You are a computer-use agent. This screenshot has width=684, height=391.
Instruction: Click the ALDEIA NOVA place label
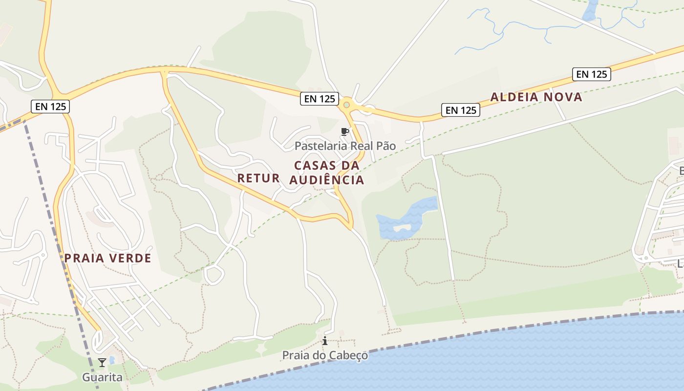536,97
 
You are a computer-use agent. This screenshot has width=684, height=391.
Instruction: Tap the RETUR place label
258,178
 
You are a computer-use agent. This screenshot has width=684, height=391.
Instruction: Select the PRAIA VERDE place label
108,258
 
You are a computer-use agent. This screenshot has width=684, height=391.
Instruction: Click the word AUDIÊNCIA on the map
327,180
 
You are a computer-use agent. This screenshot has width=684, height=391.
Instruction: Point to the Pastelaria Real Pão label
345,146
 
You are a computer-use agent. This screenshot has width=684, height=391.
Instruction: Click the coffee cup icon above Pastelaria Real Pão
345,131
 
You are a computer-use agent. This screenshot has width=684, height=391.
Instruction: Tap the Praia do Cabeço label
325,355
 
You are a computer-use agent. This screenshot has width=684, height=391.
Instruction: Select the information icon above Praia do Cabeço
325,341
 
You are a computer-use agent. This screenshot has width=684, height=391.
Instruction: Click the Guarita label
102,377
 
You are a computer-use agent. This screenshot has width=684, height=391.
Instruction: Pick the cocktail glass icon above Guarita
102,362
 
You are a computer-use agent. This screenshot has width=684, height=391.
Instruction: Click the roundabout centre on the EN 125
346,104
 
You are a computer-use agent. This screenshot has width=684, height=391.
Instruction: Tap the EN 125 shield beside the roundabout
320,99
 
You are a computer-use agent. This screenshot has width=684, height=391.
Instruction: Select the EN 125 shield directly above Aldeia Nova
592,74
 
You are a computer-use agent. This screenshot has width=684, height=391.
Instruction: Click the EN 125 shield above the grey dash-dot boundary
50,106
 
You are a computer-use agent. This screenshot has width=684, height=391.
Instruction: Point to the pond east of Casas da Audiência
406,220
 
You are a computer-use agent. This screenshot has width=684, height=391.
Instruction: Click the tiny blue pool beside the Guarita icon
112,360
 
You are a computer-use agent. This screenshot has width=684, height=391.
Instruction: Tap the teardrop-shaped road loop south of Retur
214,275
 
